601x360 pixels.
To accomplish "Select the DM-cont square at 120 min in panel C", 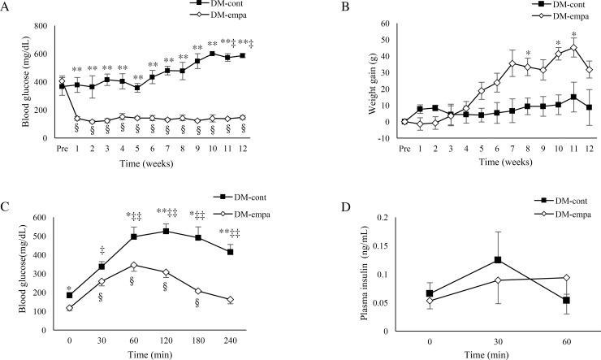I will coord(166,231).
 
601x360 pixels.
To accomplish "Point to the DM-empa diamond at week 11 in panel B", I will coord(551,47).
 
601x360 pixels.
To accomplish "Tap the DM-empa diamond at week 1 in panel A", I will coord(77,118).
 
